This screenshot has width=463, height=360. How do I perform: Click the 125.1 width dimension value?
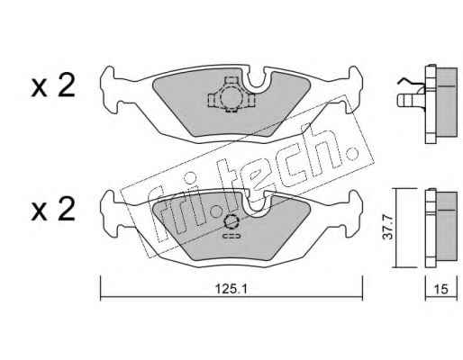point(231,290)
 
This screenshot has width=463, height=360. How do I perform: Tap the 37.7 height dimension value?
point(387,227)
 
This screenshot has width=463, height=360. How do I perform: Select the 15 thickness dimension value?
point(441,289)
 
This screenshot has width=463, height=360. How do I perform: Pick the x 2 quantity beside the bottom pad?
point(53,209)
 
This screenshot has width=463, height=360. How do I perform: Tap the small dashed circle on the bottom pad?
point(231,222)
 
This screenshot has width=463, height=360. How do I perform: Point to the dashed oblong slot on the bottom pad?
point(231,236)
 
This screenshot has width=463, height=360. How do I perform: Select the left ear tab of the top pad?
point(108,89)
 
